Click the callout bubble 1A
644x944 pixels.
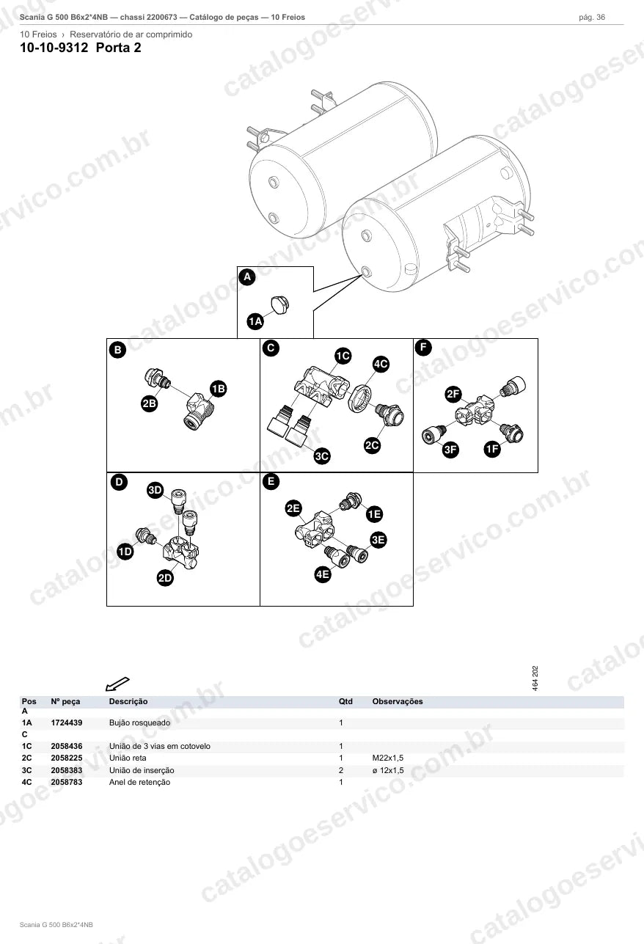point(255,322)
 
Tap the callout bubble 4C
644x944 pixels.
point(381,364)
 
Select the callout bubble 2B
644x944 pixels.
point(149,403)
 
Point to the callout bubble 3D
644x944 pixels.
point(155,490)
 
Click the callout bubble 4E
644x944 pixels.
point(323,574)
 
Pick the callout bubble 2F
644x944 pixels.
point(453,395)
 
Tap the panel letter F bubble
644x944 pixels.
point(423,348)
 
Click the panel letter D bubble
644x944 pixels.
point(119,482)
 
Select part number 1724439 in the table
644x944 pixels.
point(67,722)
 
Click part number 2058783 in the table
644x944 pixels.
point(67,782)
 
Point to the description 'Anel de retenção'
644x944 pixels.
point(139,782)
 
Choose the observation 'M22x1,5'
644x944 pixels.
point(388,758)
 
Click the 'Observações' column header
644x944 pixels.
point(398,702)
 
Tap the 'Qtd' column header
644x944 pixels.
point(345,702)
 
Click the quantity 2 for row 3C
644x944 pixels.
point(341,770)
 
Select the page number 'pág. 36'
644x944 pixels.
point(592,18)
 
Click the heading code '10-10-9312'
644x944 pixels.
point(54,48)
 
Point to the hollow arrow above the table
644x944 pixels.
point(117,684)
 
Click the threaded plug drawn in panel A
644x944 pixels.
point(279,305)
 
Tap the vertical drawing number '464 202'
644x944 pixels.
point(535,678)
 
